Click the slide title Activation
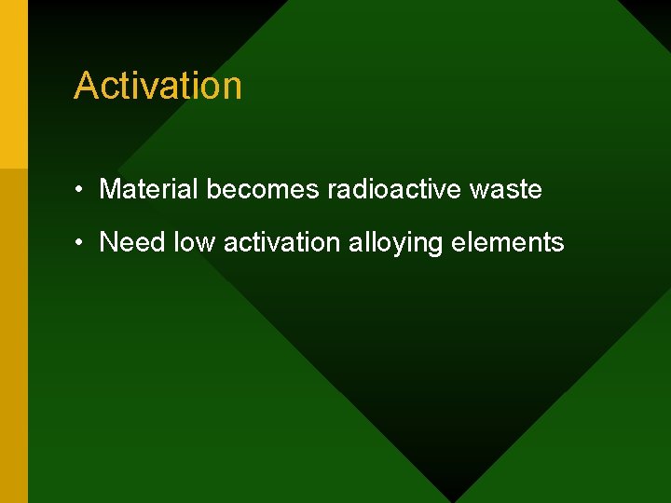[157, 86]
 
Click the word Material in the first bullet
[149, 189]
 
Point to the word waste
[505, 189]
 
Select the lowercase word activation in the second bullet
[281, 242]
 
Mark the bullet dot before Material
[82, 190]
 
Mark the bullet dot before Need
[82, 243]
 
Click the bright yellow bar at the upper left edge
[13, 84]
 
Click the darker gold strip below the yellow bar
[13, 335]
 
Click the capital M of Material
[110, 189]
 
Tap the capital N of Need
[108, 242]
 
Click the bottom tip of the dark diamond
[454, 498]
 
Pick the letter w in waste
[478, 190]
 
